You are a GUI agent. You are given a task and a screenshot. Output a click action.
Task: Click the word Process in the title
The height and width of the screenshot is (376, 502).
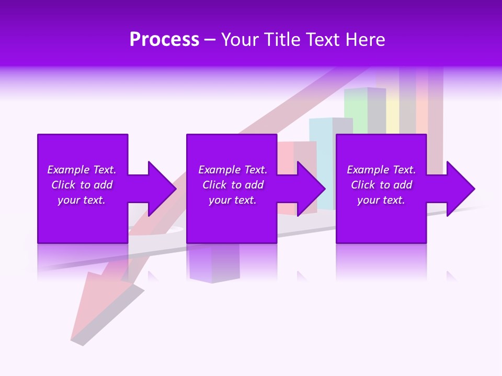(x=164, y=40)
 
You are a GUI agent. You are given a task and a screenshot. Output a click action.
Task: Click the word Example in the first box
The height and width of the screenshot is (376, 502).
(x=68, y=170)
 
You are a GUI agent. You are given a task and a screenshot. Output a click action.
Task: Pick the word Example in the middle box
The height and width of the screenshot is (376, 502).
(x=219, y=170)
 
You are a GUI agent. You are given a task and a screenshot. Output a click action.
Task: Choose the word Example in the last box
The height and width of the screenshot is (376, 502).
(x=368, y=170)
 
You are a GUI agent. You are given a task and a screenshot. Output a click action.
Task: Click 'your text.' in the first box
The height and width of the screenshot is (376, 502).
(x=82, y=200)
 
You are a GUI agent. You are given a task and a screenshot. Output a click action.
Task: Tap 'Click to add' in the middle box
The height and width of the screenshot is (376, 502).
(x=233, y=185)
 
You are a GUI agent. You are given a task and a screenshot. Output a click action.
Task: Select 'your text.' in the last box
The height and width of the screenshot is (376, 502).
(x=381, y=200)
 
